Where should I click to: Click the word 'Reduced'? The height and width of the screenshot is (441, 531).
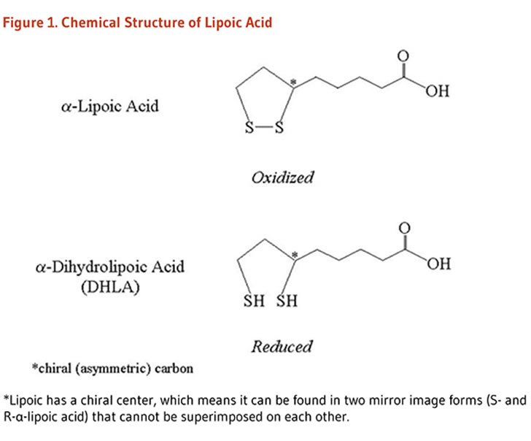[x=282, y=346]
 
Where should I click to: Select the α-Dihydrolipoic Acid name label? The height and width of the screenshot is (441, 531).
[x=109, y=266]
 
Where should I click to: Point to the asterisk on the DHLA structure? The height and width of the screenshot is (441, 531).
[x=295, y=254]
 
